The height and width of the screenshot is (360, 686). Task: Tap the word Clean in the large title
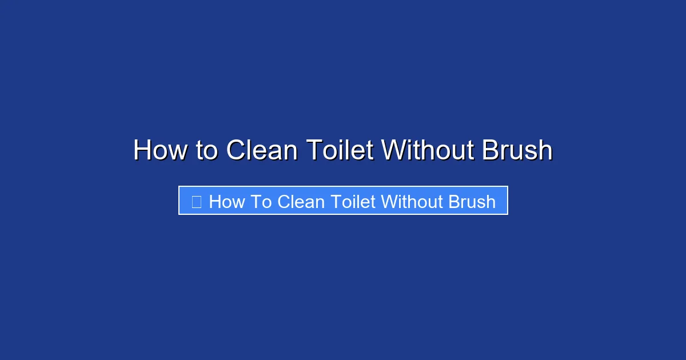[x=261, y=151]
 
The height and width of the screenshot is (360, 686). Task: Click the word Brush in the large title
[x=517, y=151]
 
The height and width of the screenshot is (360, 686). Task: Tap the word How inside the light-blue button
[x=227, y=202]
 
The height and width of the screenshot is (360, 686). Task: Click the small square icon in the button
[x=196, y=202]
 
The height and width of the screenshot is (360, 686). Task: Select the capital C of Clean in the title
[x=236, y=151]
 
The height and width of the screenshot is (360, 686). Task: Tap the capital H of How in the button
[x=214, y=202]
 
